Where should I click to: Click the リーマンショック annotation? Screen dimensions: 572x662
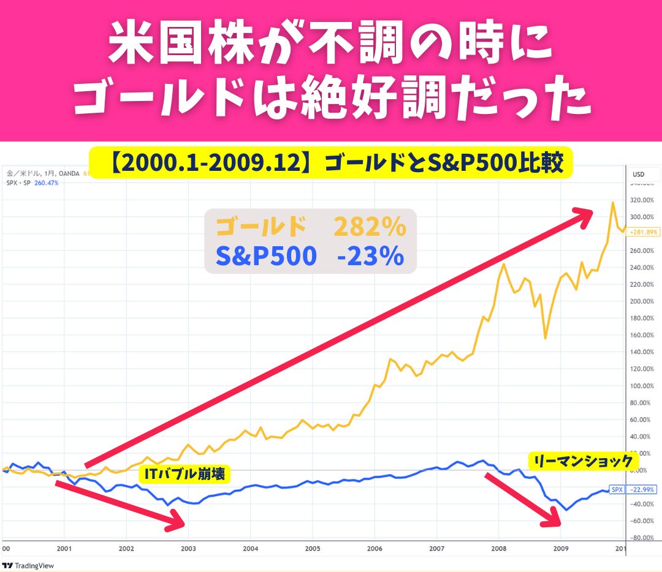(x=583, y=461)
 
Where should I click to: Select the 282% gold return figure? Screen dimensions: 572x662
(x=370, y=227)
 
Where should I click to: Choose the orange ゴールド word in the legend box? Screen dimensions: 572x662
(x=261, y=227)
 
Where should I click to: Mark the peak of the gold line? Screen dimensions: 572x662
(x=612, y=202)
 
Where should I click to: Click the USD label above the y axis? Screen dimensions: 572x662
(x=639, y=175)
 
